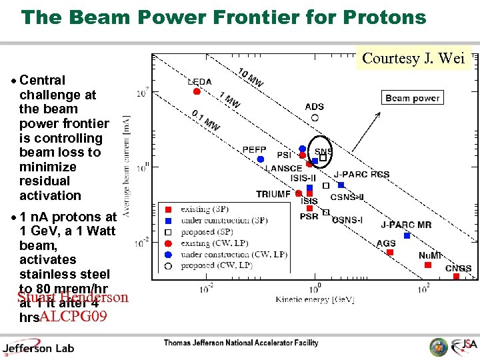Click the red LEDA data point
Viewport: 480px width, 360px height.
(196, 91)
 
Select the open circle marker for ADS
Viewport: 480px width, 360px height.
(315, 117)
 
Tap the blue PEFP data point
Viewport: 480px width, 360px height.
(261, 159)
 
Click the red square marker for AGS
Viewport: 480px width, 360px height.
(390, 252)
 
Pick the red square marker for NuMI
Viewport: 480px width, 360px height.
(427, 265)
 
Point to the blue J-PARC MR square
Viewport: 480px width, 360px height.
(407, 235)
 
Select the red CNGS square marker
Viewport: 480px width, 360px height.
(456, 276)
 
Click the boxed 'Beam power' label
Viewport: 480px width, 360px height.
(412, 98)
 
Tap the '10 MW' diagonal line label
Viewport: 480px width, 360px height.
(251, 78)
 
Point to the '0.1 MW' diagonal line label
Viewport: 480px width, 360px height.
(206, 119)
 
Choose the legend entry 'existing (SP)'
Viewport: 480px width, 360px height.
(203, 209)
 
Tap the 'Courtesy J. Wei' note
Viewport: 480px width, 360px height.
(413, 58)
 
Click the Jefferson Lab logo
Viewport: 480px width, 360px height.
(39, 347)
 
